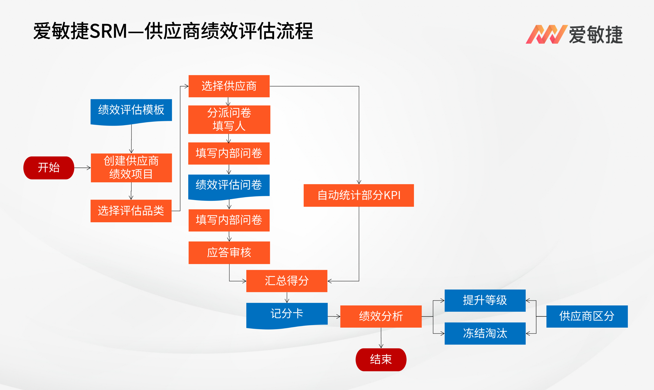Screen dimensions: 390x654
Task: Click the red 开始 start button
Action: click(x=49, y=168)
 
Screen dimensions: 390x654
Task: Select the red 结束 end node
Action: click(x=381, y=359)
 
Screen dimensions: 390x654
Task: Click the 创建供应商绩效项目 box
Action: click(x=131, y=168)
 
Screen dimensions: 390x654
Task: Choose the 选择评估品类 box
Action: click(x=131, y=211)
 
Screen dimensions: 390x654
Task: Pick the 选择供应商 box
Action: click(x=229, y=86)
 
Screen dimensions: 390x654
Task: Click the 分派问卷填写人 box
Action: click(x=229, y=120)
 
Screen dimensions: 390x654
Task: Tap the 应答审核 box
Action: click(x=229, y=253)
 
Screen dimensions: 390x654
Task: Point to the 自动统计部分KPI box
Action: click(x=358, y=195)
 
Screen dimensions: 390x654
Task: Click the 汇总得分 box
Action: click(x=287, y=281)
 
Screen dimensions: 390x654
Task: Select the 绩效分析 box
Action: click(x=381, y=316)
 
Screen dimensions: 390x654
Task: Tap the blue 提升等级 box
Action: click(x=485, y=300)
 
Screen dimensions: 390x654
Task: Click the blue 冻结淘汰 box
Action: click(x=485, y=333)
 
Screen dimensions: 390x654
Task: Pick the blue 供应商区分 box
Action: click(x=587, y=316)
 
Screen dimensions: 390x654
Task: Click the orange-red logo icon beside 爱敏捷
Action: click(x=546, y=34)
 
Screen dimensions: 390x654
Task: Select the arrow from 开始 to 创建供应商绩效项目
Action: click(x=82, y=168)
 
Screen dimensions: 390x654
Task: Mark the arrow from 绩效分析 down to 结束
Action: click(x=381, y=338)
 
